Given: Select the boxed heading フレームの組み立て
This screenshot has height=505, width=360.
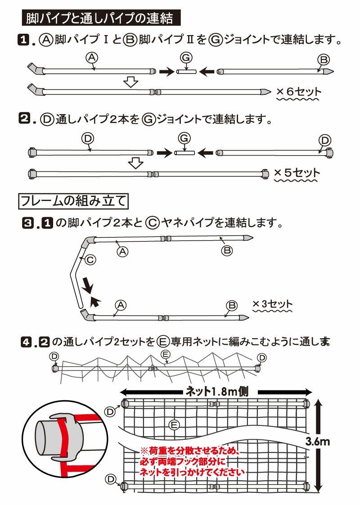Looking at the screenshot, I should coord(73,200).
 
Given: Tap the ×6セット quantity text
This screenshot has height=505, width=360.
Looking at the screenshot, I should coord(299,92).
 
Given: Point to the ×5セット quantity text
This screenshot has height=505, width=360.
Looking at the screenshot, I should coord(297,173).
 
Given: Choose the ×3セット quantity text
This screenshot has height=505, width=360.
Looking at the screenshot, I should coord(272,304).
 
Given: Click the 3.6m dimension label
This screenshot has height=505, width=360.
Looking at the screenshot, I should coord(317,442).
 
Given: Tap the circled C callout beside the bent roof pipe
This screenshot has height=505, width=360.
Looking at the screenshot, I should coord(90,259).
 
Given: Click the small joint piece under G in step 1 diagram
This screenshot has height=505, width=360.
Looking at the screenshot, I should coord(186,72).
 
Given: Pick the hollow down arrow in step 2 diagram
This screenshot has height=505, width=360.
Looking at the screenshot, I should coord(135,163).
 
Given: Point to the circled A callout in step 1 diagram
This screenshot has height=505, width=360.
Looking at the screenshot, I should coord(91,57).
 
